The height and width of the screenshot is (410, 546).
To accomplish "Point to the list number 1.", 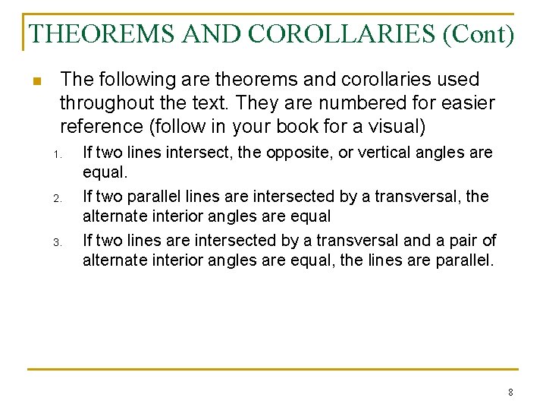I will pos(56,156).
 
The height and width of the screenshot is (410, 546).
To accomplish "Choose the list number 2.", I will pos(56,199).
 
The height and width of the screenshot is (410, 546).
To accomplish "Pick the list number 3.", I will pos(56,243).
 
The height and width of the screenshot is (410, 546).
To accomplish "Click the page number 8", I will pos(510,393).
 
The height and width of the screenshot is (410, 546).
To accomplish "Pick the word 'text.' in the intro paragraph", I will pos(211,102).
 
